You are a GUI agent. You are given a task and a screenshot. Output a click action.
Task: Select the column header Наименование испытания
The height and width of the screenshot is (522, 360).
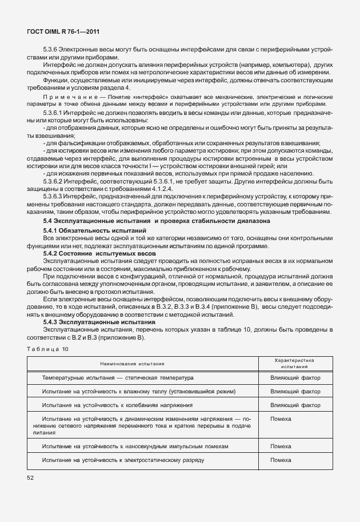point(132,363)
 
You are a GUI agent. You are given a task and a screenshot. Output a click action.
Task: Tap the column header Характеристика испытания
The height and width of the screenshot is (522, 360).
point(295,363)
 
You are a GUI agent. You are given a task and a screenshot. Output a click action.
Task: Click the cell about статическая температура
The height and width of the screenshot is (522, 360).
point(118,378)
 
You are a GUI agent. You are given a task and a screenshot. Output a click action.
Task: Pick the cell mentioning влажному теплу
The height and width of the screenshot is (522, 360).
point(139,392)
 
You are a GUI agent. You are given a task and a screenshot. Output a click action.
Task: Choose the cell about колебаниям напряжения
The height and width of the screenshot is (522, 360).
point(117,405)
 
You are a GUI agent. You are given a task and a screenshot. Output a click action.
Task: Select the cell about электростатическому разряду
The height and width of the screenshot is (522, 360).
point(123,460)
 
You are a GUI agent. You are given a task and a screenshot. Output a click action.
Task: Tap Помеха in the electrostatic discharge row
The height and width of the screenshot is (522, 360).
point(281,460)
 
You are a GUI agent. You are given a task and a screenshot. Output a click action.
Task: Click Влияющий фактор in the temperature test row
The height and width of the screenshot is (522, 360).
point(295,378)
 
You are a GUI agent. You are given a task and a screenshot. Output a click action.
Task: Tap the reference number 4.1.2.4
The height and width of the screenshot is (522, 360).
point(167,188)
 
